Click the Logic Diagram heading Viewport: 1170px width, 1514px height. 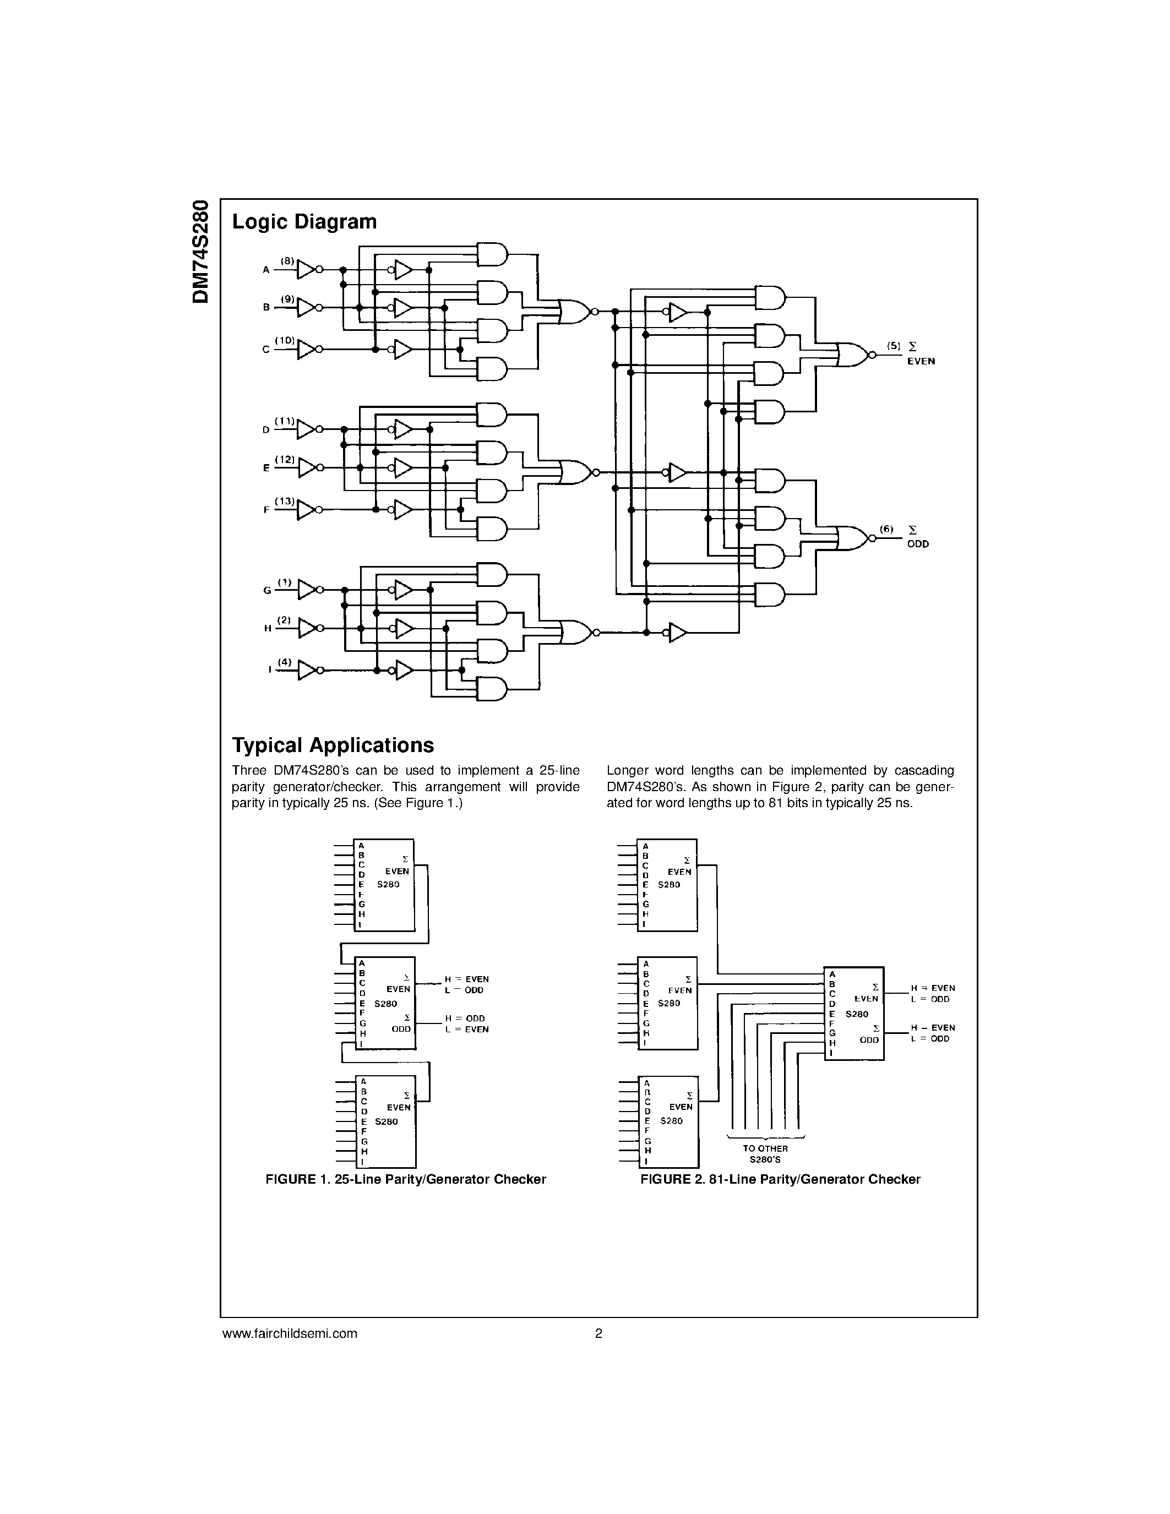tap(304, 222)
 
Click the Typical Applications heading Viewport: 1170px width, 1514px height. tap(333, 745)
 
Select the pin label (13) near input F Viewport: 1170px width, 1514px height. tap(284, 500)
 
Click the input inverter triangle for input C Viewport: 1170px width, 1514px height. tap(306, 350)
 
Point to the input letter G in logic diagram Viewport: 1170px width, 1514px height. tap(267, 591)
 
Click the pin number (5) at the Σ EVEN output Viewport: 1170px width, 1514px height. tap(894, 345)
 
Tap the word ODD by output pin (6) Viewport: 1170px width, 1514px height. tap(918, 544)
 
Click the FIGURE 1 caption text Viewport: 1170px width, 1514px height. tap(405, 1179)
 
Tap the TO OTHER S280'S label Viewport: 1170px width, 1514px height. tap(765, 1153)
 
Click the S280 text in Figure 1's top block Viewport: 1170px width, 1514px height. tap(388, 885)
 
